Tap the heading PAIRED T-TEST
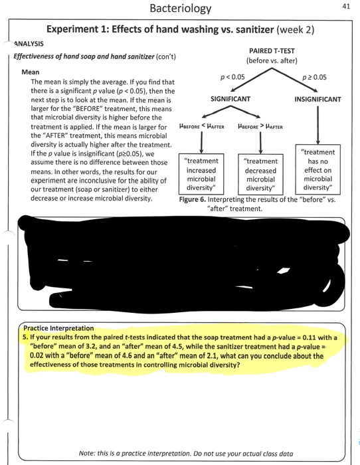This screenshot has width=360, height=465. (x=272, y=51)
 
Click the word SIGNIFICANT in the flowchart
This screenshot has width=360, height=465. (x=230, y=99)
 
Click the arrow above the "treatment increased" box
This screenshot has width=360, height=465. (x=201, y=141)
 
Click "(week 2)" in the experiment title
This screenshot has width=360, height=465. (x=292, y=29)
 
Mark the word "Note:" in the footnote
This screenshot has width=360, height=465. (x=88, y=452)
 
